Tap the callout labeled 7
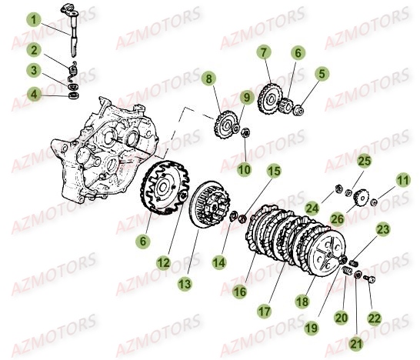point(264,52)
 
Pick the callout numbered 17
point(264,312)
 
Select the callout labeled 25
point(364,160)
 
